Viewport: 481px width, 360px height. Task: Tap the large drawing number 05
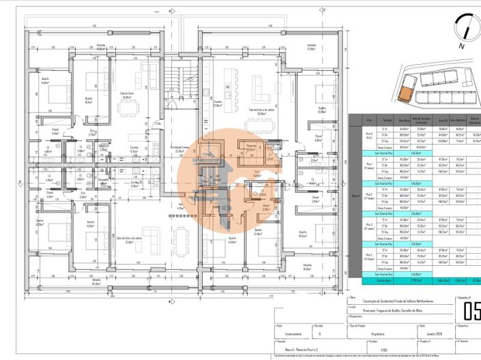click(x=471, y=311)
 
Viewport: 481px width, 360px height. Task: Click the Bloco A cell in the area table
click(x=355, y=196)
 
